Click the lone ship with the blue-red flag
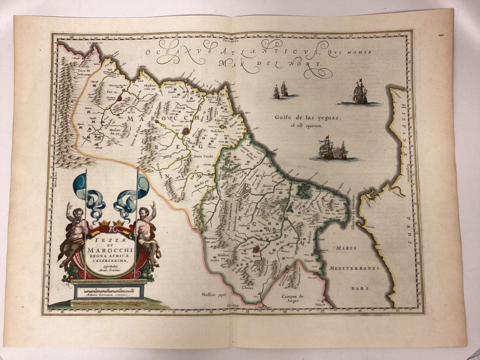point(360,93)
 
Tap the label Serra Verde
point(200,156)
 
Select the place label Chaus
point(247,287)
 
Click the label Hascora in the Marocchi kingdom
point(219,130)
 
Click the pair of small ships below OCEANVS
point(281,90)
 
